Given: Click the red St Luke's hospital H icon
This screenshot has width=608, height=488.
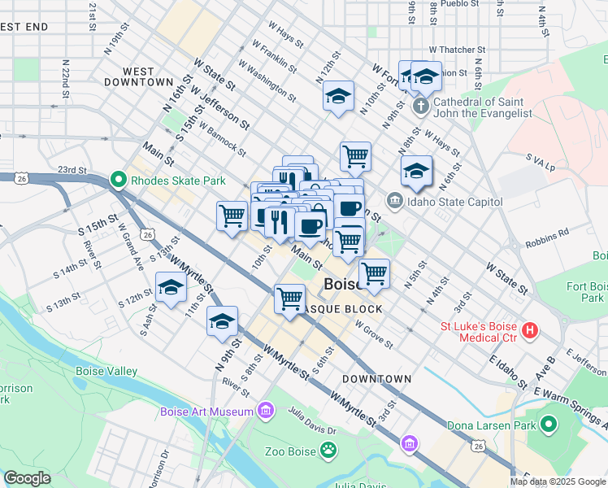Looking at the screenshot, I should (x=530, y=330).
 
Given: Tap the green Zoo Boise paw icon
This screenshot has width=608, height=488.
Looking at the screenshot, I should (x=328, y=449).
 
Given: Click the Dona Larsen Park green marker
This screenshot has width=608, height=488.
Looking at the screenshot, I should (x=549, y=425).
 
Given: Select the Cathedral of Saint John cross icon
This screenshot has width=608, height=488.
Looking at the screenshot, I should (x=420, y=107).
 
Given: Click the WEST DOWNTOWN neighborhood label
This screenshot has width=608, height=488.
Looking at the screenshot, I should (x=139, y=77).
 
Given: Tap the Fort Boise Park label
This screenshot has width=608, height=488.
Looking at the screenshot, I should (x=586, y=292).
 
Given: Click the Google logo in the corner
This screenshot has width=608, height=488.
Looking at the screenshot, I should (x=27, y=478).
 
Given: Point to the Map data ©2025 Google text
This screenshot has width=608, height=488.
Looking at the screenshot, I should (x=558, y=481).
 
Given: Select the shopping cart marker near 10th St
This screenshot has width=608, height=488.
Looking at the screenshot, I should (x=232, y=216).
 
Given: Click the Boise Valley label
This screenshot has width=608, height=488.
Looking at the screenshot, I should (x=106, y=371).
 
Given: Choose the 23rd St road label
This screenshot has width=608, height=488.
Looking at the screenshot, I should (x=72, y=170).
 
